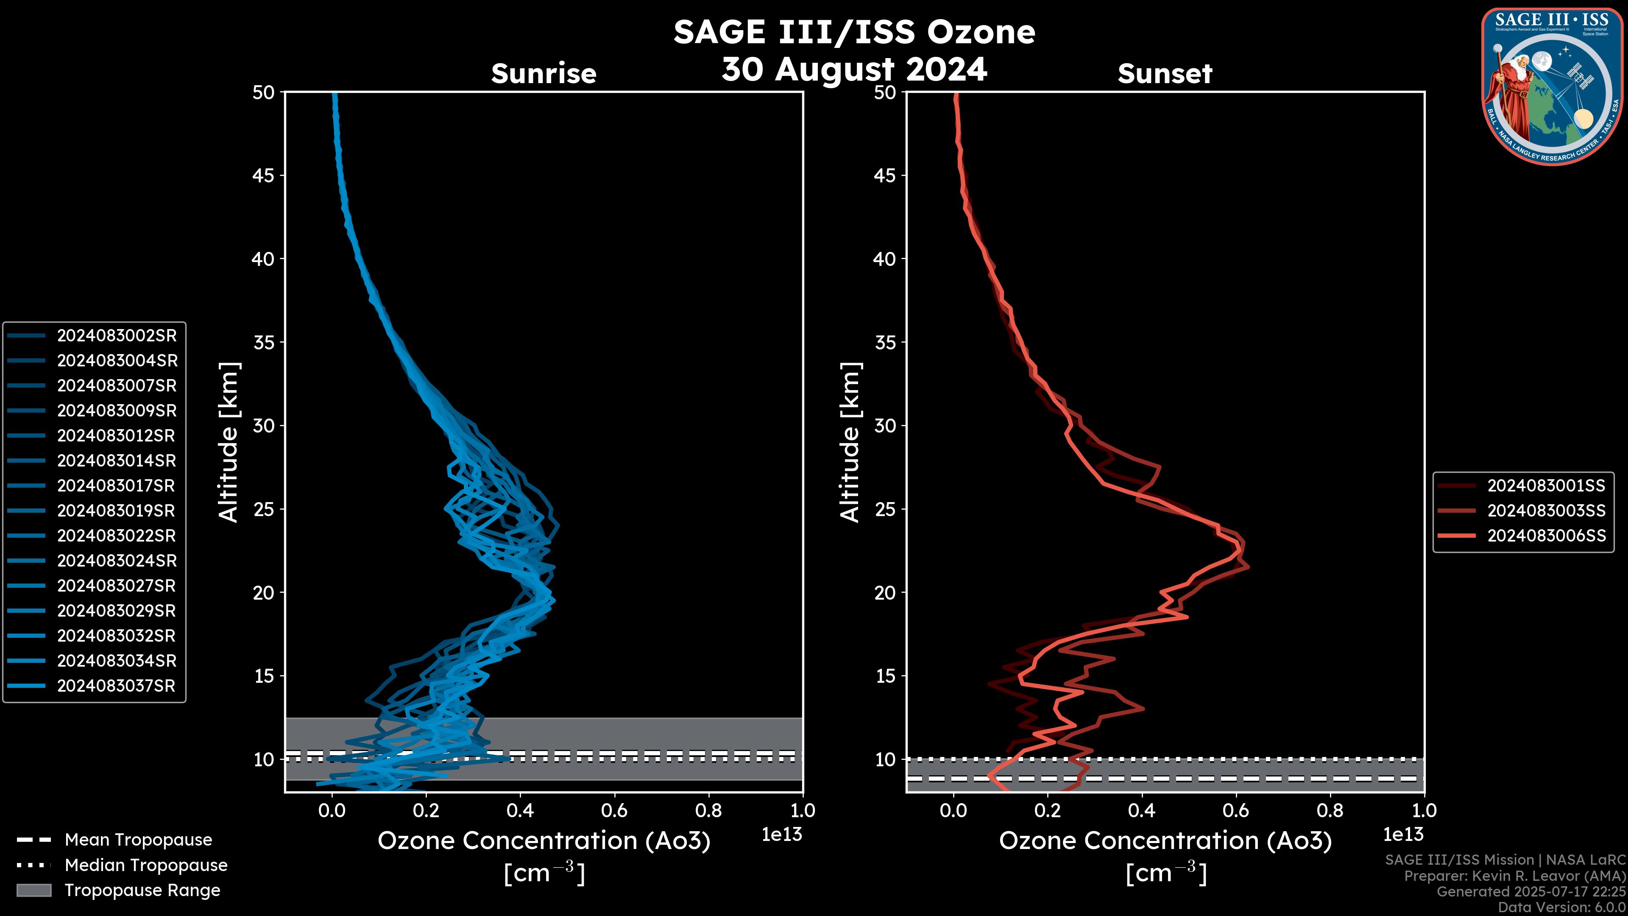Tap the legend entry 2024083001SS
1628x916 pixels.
1546,486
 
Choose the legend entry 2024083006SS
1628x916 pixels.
1546,536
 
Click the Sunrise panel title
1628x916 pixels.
544,73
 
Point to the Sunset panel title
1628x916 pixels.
1165,73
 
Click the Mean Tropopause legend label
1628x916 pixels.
138,840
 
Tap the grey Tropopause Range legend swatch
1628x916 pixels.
33,890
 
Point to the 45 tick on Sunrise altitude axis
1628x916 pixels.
264,175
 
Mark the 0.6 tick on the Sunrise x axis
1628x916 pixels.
614,810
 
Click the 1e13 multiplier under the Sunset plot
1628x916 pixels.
1403,835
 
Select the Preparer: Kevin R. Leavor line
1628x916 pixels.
1514,876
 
